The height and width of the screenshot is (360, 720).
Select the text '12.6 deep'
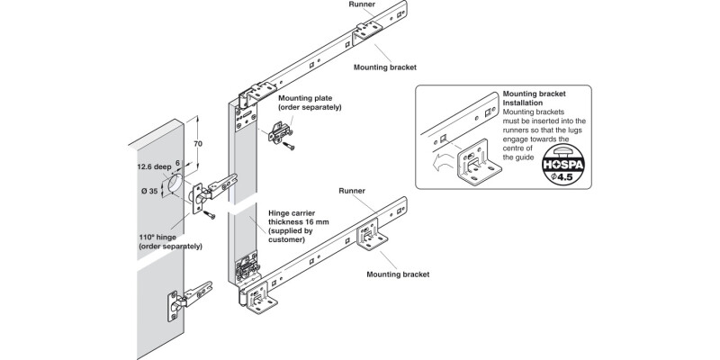[x=154, y=166]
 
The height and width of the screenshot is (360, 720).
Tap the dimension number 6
[x=177, y=163]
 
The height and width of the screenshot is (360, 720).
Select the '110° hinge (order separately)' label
[x=170, y=240]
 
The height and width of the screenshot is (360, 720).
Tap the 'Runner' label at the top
[x=362, y=4]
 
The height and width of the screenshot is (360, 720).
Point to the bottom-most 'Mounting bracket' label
[x=396, y=274]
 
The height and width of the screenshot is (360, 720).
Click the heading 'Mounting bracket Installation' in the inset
[x=536, y=98]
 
